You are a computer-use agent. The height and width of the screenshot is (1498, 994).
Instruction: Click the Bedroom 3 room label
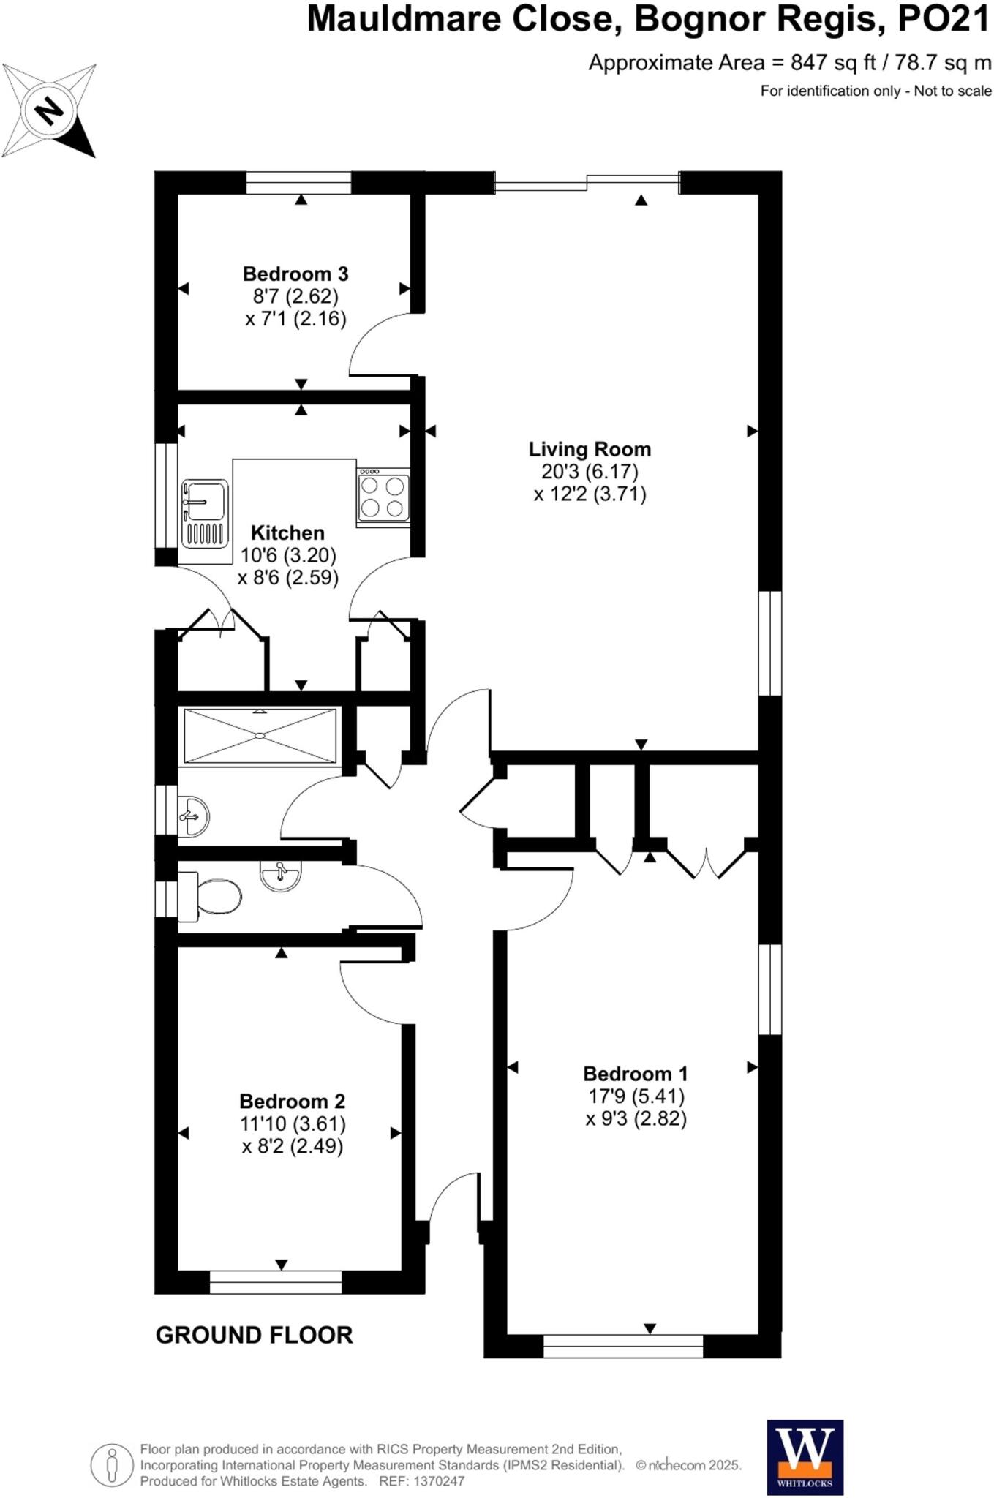click(295, 274)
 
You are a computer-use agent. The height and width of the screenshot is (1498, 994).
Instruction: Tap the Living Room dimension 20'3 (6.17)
click(590, 471)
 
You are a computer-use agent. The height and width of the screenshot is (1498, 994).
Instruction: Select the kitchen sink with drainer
click(204, 513)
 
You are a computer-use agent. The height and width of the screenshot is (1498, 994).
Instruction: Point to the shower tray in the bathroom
click(260, 736)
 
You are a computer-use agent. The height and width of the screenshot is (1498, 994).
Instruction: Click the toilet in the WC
click(212, 896)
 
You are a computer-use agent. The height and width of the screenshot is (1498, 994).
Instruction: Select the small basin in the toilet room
click(281, 875)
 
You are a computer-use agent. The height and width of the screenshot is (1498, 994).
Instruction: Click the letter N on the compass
click(49, 111)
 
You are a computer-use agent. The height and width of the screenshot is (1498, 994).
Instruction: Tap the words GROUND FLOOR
click(254, 1335)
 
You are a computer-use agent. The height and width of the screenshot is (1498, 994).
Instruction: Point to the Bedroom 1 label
click(635, 1074)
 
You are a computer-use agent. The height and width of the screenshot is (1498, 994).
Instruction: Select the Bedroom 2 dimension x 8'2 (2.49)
click(292, 1146)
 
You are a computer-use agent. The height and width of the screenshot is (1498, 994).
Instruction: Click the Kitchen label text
click(287, 532)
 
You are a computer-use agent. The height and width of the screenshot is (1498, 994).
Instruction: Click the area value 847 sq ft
click(833, 63)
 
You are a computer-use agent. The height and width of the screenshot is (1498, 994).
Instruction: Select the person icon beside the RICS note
click(111, 1465)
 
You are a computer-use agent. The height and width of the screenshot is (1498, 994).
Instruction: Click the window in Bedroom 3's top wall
click(298, 182)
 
